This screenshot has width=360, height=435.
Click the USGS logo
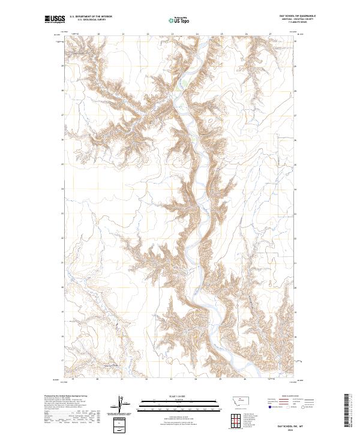55,20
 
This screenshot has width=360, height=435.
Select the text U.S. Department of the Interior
91,17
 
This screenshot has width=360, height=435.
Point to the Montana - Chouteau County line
298,19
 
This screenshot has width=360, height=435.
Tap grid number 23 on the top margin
147,34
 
